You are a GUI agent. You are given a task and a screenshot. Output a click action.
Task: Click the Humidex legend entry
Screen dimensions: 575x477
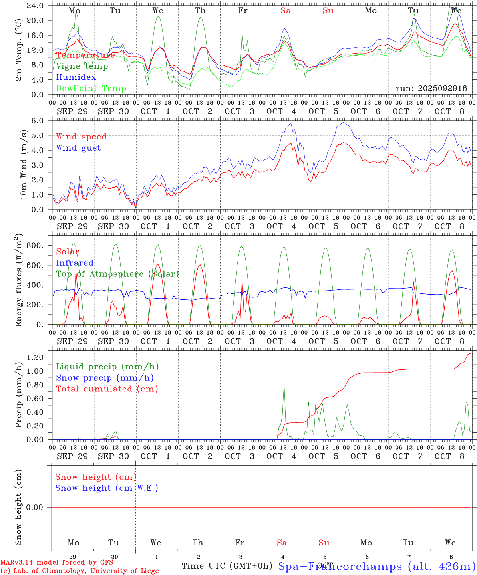[x=76, y=77]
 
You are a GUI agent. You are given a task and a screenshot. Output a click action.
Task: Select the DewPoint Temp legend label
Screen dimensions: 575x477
[x=91, y=88]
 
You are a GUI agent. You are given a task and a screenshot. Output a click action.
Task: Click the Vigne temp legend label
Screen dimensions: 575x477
[x=82, y=66]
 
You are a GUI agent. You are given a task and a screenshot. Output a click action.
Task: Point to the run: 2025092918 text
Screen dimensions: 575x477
[x=431, y=88]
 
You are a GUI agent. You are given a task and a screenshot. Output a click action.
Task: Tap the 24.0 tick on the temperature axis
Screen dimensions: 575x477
[x=36, y=6]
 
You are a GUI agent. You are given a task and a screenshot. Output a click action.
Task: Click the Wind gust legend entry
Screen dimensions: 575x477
[x=78, y=148]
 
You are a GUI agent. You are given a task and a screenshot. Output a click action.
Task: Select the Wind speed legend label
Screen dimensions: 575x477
[x=81, y=137]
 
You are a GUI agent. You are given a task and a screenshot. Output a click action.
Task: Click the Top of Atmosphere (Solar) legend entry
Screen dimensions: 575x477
[x=117, y=274]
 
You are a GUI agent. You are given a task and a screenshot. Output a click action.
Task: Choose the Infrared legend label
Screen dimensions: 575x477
[x=75, y=263]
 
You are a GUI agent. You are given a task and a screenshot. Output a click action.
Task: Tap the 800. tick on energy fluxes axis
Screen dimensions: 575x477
[x=35, y=246]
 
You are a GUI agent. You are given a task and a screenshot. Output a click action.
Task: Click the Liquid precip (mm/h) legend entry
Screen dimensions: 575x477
[x=107, y=367]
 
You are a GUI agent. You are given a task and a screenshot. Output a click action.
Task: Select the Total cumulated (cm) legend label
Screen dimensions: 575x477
[x=107, y=389]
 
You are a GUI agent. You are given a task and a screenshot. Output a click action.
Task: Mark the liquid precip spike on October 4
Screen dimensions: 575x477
[x=284, y=383]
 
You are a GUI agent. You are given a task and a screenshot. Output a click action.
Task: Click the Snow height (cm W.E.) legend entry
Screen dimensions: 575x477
[x=107, y=488]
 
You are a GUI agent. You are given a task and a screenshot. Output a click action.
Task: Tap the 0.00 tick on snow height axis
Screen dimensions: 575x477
[x=37, y=507]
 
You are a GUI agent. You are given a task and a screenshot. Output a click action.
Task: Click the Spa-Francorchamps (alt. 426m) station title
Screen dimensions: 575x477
[x=376, y=566]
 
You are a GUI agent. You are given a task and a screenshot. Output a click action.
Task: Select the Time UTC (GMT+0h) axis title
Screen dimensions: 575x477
[x=227, y=566]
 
